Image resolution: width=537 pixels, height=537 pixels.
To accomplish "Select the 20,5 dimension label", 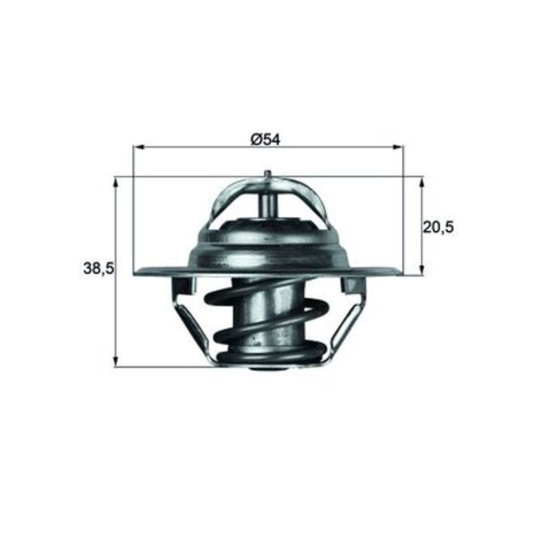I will tap(438, 227).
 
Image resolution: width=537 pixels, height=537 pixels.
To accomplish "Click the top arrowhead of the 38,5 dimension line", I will tap(117, 182).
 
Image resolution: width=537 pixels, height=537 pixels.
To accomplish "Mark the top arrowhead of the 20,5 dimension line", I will tap(422, 182).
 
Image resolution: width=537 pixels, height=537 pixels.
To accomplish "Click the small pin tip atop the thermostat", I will tap(268, 174).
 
